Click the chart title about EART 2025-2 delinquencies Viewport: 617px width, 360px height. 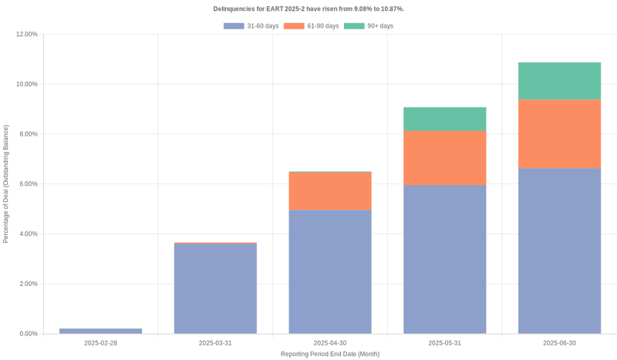tap(308, 8)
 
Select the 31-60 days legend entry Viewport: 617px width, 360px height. tap(251, 26)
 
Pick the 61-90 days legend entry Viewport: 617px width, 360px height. tap(312, 26)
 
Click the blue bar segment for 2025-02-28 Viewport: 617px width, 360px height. tap(100, 331)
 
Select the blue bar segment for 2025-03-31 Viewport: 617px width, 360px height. tap(215, 288)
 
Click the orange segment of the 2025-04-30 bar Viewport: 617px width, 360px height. tap(330, 190)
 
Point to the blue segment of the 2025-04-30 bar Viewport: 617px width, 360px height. tap(330, 271)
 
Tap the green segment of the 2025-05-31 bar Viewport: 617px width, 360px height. tap(444, 119)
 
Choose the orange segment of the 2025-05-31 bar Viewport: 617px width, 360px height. tap(444, 157)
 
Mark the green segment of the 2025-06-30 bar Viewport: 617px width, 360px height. tap(559, 81)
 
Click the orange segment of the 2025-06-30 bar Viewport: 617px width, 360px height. tap(559, 133)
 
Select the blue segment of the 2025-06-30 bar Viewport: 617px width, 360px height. tap(559, 251)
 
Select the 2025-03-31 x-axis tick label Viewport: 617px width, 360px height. tap(215, 343)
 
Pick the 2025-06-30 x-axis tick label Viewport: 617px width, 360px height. tap(559, 343)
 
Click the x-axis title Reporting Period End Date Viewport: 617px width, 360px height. tap(330, 354)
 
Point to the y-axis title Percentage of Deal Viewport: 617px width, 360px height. tap(6, 184)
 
